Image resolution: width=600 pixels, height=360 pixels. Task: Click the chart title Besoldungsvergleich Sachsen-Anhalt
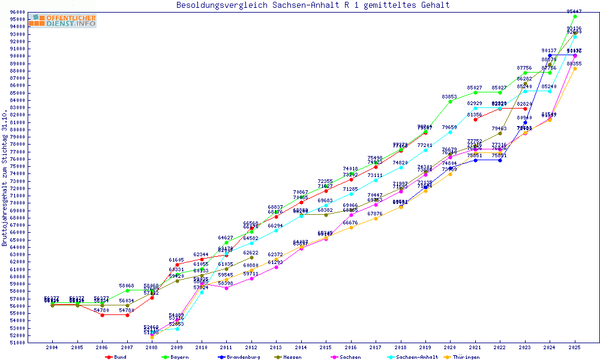(313, 5)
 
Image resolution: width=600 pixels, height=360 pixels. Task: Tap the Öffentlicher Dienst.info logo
(62, 20)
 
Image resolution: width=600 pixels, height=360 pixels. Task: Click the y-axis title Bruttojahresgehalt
(5, 178)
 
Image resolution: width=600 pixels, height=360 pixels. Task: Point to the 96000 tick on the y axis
(16, 13)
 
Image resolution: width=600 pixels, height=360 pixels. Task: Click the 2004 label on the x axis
(52, 347)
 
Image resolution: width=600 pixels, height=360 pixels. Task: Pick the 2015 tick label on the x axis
(326, 347)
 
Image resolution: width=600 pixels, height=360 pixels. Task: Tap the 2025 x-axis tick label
(575, 347)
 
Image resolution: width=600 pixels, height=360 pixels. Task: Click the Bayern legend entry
(175, 357)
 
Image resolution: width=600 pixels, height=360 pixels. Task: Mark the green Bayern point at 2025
(575, 16)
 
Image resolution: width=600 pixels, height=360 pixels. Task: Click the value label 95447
(574, 11)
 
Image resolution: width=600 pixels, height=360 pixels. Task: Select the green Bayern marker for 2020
(450, 101)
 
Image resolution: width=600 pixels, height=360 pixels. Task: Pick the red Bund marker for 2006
(102, 315)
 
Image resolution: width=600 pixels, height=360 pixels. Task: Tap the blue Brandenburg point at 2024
(550, 55)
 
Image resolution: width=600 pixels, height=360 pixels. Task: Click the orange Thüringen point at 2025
(575, 68)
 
